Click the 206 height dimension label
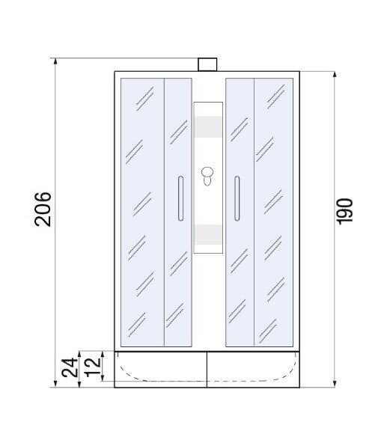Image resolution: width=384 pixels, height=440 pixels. click(43, 210)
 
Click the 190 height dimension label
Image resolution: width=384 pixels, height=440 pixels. click(345, 212)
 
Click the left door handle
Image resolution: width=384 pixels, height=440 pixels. click(180, 198)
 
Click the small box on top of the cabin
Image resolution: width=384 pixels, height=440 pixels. click(207, 64)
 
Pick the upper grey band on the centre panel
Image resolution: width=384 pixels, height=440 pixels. click(207, 127)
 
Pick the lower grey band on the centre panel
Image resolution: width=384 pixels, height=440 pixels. click(207, 236)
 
